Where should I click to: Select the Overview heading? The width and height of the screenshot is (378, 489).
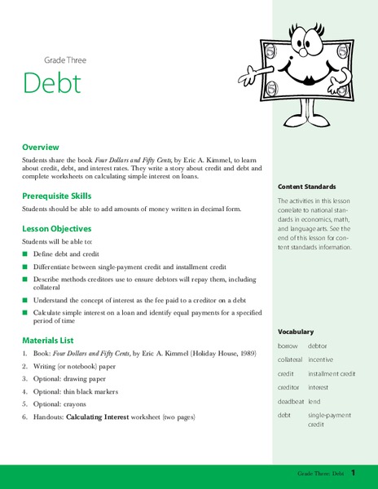click(x=42, y=148)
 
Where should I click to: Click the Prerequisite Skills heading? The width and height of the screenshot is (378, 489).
click(x=56, y=196)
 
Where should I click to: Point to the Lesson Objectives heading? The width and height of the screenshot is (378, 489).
click(x=56, y=230)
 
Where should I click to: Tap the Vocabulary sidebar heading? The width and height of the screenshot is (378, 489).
click(x=296, y=310)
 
